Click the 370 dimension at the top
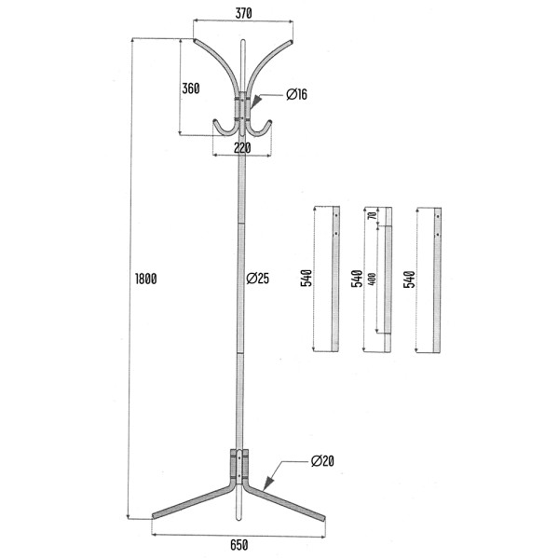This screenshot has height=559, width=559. [243, 13]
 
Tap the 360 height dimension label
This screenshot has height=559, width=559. [191, 89]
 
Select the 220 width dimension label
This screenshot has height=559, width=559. [242, 148]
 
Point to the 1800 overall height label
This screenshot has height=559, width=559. [146, 279]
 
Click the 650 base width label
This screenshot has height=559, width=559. [239, 545]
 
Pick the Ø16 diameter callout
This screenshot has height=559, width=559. [296, 94]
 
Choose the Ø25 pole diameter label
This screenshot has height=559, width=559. [258, 278]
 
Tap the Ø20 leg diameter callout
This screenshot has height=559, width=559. [322, 461]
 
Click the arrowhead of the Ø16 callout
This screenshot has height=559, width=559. [254, 102]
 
